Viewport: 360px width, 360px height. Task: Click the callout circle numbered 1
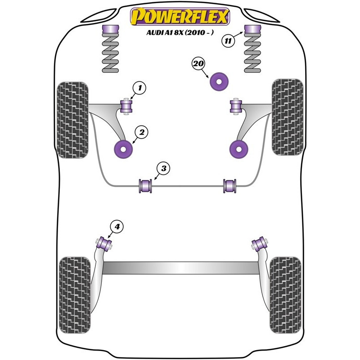point(139,89)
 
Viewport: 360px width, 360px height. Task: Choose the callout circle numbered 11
point(229,41)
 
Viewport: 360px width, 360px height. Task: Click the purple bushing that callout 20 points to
point(220,81)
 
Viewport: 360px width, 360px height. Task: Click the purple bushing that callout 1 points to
point(127,107)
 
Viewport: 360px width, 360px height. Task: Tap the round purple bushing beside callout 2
point(123,148)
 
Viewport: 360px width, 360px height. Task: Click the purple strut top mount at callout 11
point(252,31)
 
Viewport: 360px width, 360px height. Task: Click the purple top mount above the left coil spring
point(109,31)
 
